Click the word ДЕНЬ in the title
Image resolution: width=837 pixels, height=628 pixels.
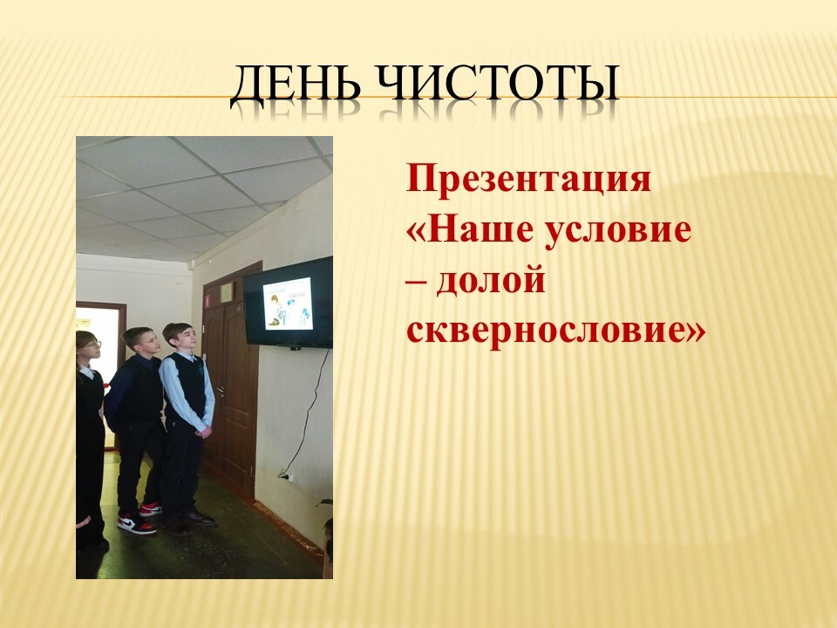point(296,84)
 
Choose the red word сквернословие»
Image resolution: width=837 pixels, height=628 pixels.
point(555,331)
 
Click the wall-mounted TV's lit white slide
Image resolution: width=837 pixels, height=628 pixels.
point(288,304)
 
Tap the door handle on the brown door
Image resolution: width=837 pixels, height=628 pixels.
point(220,391)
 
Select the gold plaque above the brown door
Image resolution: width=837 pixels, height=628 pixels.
point(227,291)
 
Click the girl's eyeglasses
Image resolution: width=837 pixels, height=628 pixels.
point(92,345)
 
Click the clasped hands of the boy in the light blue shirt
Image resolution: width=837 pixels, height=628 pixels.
point(203,430)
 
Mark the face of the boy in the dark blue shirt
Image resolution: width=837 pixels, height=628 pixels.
point(147,345)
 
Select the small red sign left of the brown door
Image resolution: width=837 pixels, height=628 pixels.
point(208,300)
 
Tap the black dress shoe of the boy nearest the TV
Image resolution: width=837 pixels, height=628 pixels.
point(198,517)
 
